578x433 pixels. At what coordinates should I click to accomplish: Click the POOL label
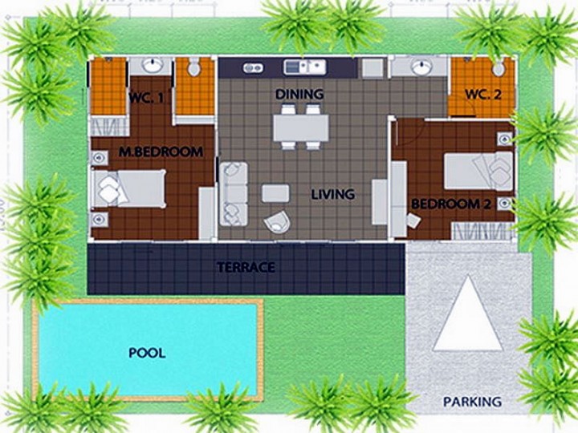tap(147, 353)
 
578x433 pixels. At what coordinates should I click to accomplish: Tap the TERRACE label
tap(246, 267)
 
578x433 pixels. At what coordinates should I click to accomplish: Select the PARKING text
tap(472, 402)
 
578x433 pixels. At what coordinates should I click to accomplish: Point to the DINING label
tap(299, 95)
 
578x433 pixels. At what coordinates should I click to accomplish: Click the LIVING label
tap(333, 194)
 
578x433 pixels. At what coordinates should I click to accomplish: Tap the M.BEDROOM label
tap(161, 152)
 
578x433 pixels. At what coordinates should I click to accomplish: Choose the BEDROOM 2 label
tap(451, 204)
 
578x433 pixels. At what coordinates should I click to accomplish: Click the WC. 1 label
tap(146, 99)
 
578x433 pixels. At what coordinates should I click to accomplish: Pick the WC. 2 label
tap(483, 95)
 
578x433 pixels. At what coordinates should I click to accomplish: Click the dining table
tap(301, 127)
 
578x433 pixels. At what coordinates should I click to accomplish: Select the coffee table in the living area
tap(275, 193)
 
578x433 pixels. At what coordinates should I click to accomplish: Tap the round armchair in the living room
tap(277, 221)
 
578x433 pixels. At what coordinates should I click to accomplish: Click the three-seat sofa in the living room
tap(234, 194)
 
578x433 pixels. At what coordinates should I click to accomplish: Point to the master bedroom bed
tap(128, 188)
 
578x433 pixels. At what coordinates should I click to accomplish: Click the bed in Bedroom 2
tap(478, 171)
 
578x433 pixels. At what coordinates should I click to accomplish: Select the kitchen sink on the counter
tap(305, 67)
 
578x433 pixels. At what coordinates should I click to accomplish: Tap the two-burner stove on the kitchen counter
tap(253, 67)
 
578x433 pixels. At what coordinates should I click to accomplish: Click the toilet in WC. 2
tap(499, 67)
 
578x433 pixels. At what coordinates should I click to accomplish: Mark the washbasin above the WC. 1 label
tap(153, 65)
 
